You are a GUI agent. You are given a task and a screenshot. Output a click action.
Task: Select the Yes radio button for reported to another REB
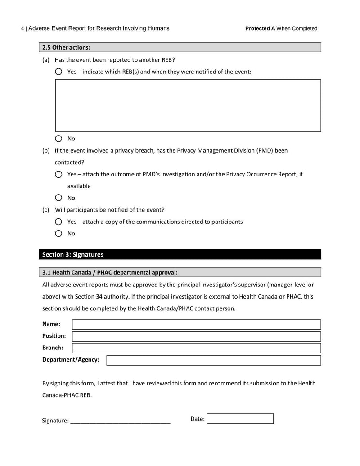point(58,72)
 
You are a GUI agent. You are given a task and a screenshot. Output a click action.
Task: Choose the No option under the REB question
point(58,139)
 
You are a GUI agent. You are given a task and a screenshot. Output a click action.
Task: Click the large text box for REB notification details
point(188,105)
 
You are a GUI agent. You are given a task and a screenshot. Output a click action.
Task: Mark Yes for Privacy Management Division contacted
point(58,174)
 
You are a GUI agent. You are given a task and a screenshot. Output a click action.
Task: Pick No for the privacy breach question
point(58,198)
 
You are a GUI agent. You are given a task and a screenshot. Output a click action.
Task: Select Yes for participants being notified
point(58,222)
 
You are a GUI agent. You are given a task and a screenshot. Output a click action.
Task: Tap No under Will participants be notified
point(58,233)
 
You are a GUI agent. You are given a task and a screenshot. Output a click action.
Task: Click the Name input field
point(196,324)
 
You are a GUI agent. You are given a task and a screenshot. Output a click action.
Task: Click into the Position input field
point(196,336)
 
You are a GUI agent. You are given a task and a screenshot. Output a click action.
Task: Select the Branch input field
point(196,348)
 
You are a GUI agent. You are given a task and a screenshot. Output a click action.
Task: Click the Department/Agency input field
point(213,360)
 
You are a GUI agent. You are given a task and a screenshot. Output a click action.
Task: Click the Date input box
point(240,419)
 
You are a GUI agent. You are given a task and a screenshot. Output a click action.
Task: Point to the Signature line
point(120,421)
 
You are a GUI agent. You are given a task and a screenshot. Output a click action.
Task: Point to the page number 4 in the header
point(22,28)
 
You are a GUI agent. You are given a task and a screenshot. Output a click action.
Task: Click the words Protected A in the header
point(260,28)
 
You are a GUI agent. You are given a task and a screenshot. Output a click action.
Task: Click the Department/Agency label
point(71,360)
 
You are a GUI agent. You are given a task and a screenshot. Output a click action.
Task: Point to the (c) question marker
point(45,210)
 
